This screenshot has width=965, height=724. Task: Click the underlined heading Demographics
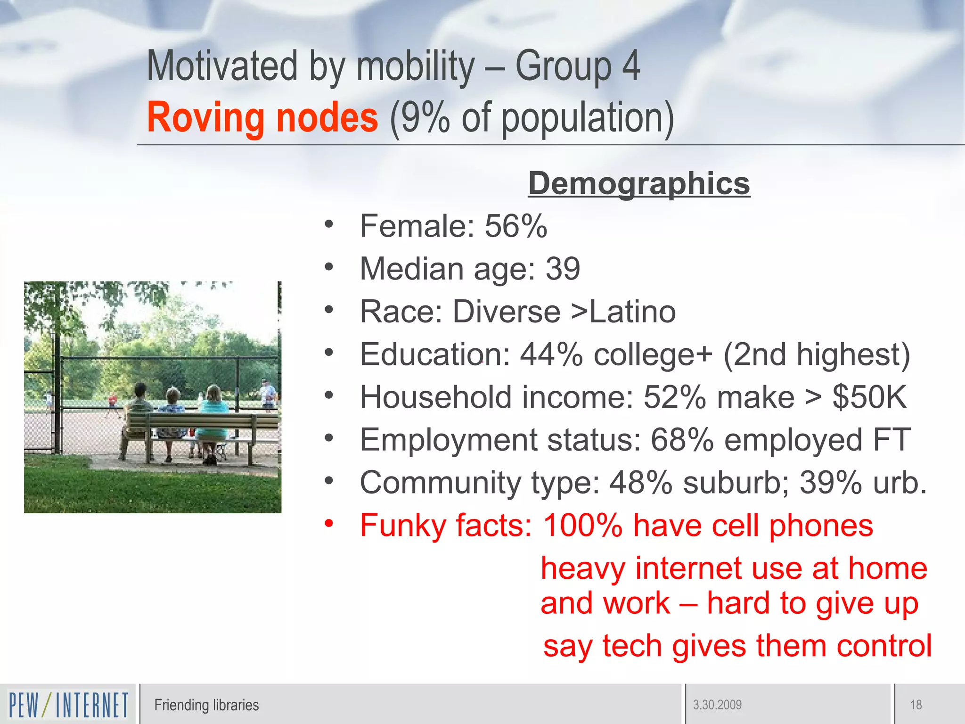(639, 183)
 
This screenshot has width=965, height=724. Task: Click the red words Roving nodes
(262, 117)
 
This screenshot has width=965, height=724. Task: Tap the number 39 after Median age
(563, 269)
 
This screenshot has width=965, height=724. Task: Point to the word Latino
(632, 312)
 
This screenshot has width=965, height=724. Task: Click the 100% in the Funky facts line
(583, 526)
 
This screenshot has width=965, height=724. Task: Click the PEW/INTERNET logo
(68, 705)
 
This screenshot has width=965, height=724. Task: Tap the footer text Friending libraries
(206, 705)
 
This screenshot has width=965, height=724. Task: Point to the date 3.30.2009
(717, 705)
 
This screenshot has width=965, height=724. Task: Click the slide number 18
(916, 705)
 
